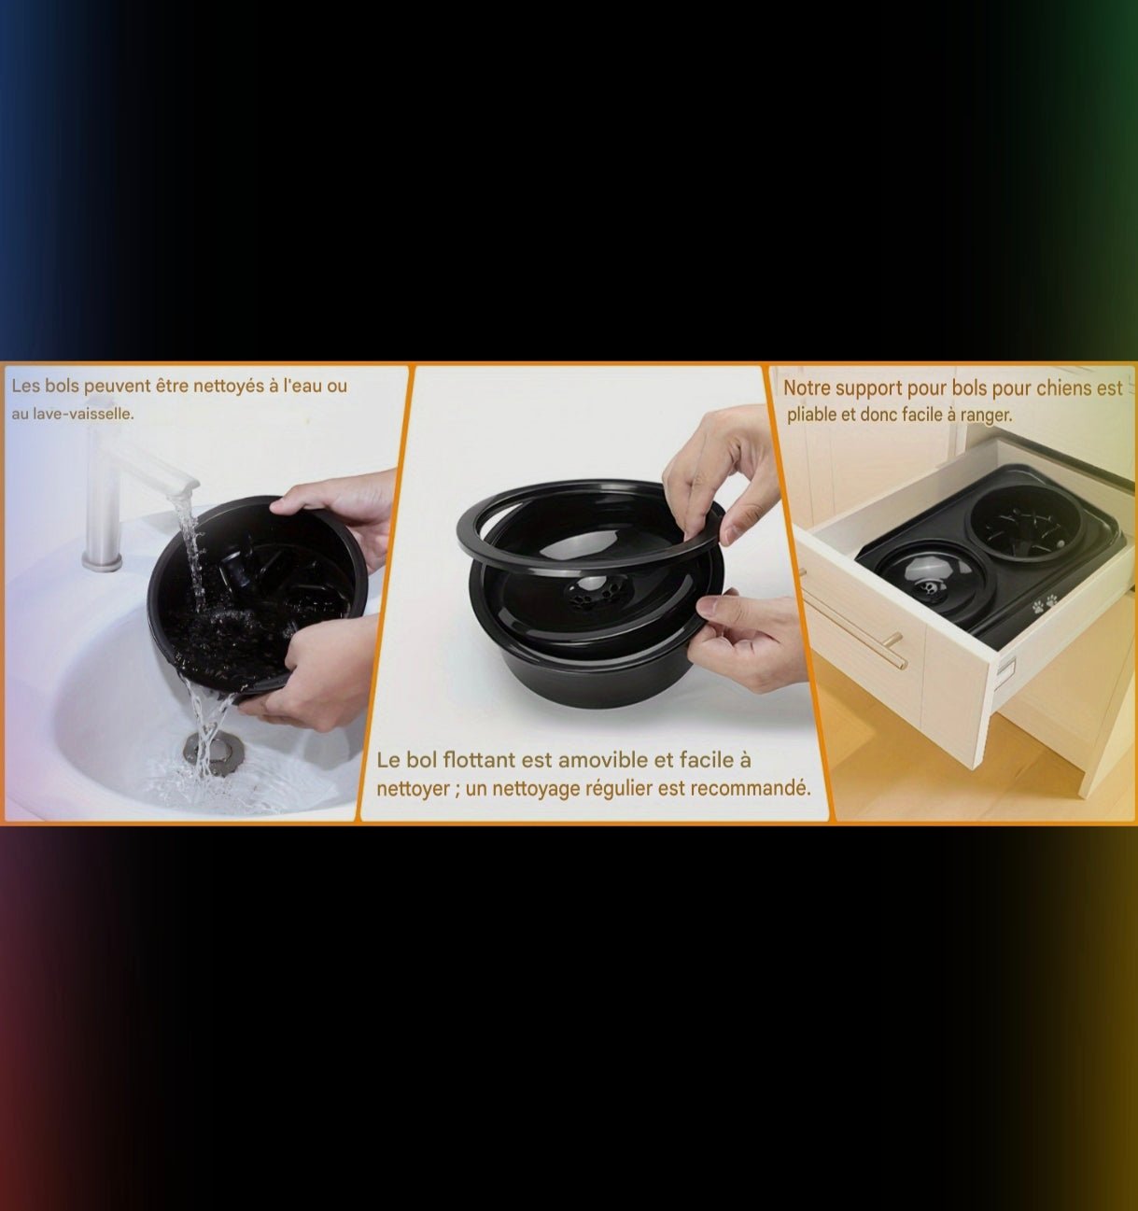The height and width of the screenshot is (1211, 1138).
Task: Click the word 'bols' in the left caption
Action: [x=62, y=387]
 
